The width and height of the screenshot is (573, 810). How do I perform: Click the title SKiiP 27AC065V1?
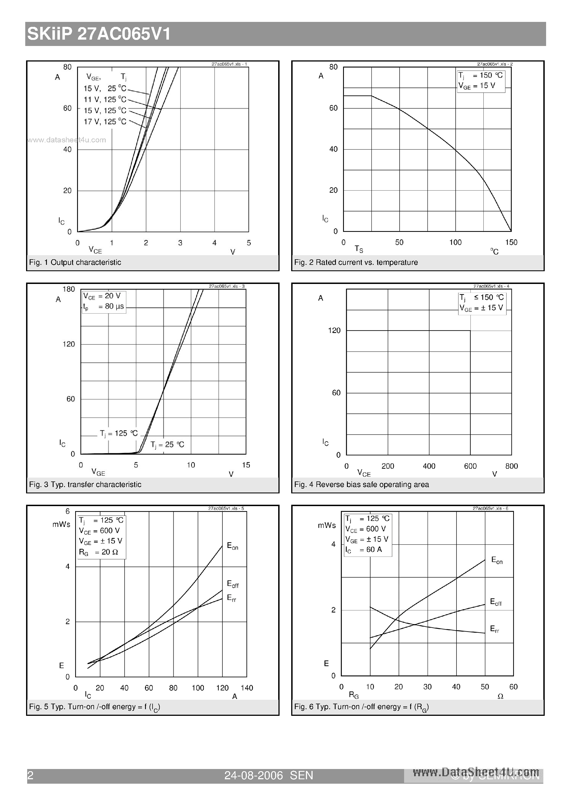99,34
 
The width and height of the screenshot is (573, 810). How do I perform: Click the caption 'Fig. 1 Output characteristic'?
75,262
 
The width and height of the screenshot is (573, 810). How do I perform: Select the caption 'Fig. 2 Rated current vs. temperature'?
356,262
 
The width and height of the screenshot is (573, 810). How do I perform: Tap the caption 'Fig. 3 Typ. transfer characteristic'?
85,485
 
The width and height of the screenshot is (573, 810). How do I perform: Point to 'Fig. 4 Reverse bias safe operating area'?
361,485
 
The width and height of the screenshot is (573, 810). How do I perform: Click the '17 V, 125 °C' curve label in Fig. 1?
105,122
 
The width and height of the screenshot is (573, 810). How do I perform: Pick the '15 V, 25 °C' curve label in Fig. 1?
105,89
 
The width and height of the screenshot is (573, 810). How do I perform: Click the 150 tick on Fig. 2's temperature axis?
511,242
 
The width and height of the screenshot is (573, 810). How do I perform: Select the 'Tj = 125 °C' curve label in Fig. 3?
119,433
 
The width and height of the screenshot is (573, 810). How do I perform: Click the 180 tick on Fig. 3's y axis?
69,289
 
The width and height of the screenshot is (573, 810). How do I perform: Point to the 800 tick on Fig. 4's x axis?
511,466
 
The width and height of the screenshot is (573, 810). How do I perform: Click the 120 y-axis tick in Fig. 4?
334,330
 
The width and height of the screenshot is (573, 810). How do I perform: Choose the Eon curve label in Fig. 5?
232,547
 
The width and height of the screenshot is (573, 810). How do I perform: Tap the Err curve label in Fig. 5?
231,598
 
